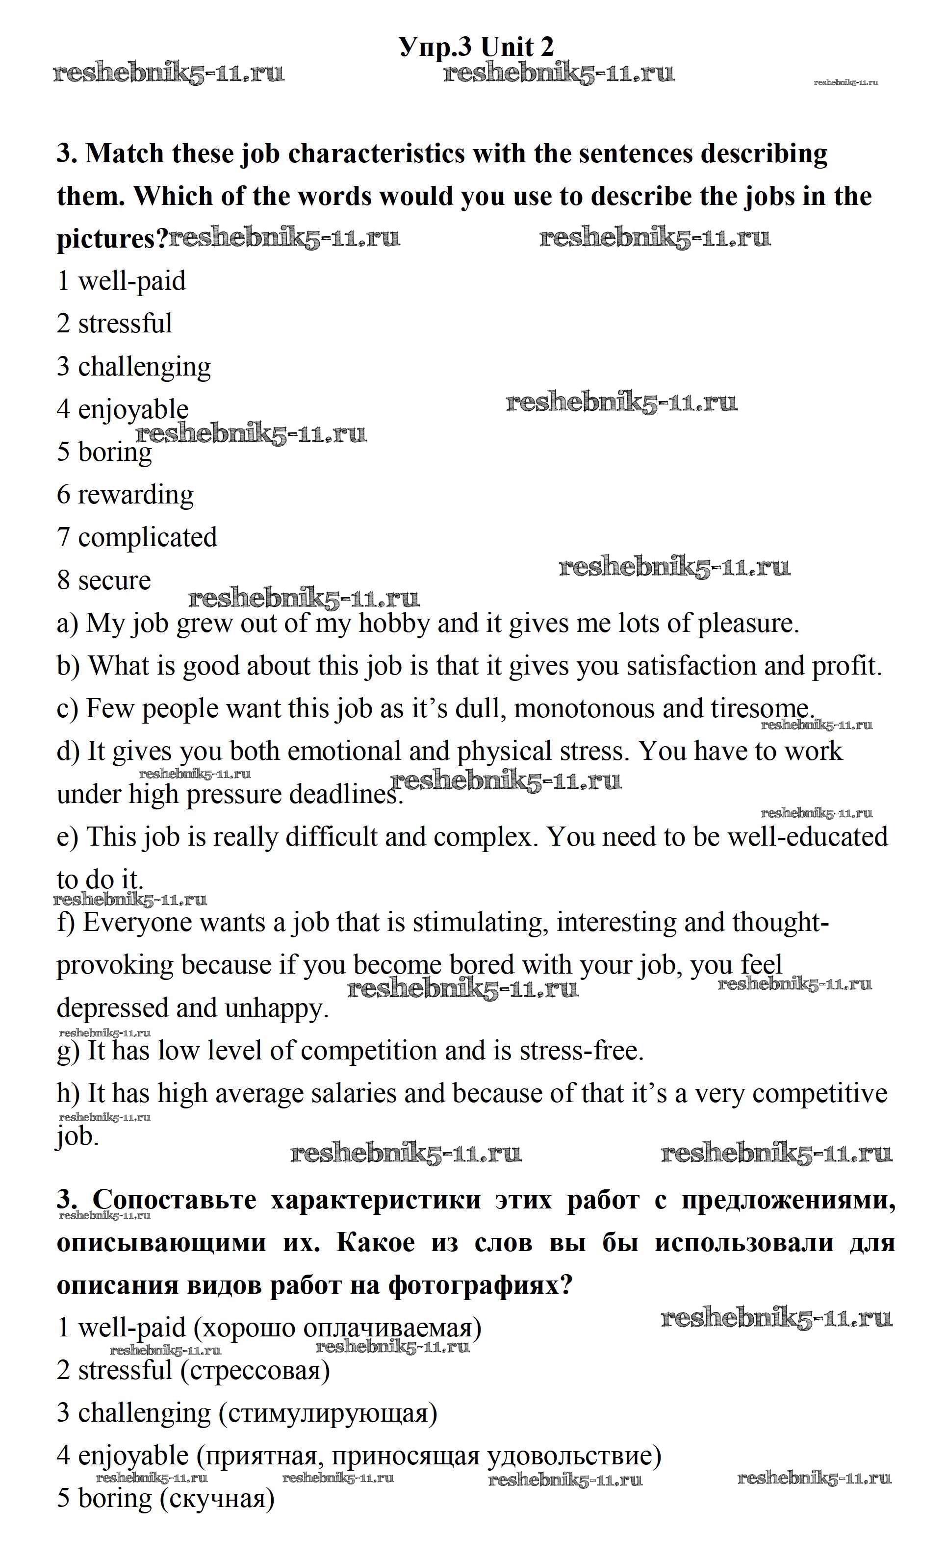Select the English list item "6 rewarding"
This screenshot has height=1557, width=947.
[x=125, y=494]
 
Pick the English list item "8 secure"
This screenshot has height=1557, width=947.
[x=103, y=580]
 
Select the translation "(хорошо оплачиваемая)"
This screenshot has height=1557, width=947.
[x=337, y=1328]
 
